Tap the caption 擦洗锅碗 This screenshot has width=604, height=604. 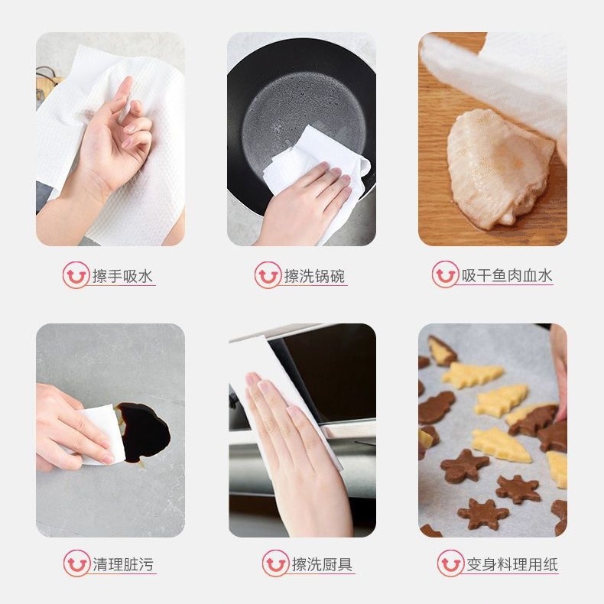[x=315, y=276]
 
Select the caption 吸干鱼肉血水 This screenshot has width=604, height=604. [x=506, y=276]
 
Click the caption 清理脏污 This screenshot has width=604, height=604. [x=123, y=565]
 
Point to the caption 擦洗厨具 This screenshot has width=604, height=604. [x=322, y=565]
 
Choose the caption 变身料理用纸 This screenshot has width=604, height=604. [x=511, y=565]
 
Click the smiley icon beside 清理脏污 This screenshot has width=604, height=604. [x=76, y=564]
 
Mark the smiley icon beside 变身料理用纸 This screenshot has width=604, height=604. [x=450, y=564]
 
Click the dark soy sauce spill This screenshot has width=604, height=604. [x=145, y=432]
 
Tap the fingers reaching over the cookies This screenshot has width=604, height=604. [x=559, y=375]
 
